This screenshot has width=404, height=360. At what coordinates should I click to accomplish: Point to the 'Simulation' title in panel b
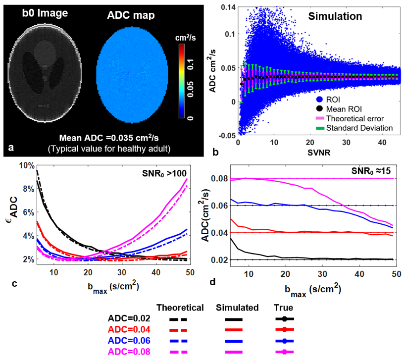point(335,16)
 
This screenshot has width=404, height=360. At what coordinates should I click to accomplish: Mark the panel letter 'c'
point(15,283)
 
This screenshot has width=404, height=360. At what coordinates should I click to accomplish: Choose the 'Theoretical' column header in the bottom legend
point(180,308)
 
